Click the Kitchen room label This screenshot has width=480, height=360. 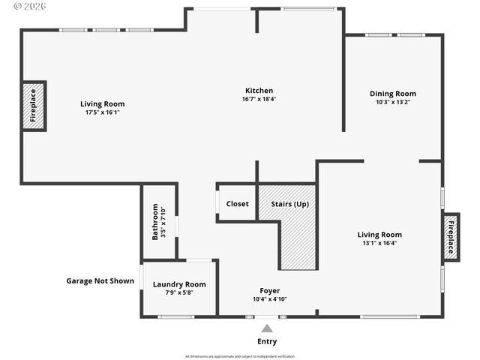pyautogui.click(x=258, y=91)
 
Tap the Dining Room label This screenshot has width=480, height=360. pyautogui.click(x=392, y=94)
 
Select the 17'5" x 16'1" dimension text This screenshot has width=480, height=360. pyautogui.click(x=103, y=112)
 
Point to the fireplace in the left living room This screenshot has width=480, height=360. pyautogui.click(x=34, y=106)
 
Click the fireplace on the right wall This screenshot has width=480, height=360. pyautogui.click(x=451, y=236)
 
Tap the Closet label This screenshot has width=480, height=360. pyautogui.click(x=237, y=203)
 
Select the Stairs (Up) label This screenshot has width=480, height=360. pyautogui.click(x=289, y=203)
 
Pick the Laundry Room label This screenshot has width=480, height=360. pyautogui.click(x=179, y=284)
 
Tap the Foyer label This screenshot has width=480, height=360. pyautogui.click(x=269, y=290)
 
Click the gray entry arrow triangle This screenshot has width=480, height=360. pyautogui.click(x=267, y=328)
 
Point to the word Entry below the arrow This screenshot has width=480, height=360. pyautogui.click(x=267, y=341)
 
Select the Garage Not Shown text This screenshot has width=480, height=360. pyautogui.click(x=100, y=281)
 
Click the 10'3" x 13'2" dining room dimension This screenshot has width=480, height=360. pyautogui.click(x=392, y=102)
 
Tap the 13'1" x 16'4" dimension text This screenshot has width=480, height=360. pyautogui.click(x=379, y=243)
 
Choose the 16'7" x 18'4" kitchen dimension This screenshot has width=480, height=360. pyautogui.click(x=258, y=99)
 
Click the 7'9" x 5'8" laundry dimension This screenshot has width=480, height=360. pyautogui.click(x=179, y=292)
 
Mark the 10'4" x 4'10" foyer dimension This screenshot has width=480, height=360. pyautogui.click(x=269, y=298)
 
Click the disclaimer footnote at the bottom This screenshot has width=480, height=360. pyautogui.click(x=240, y=356)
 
